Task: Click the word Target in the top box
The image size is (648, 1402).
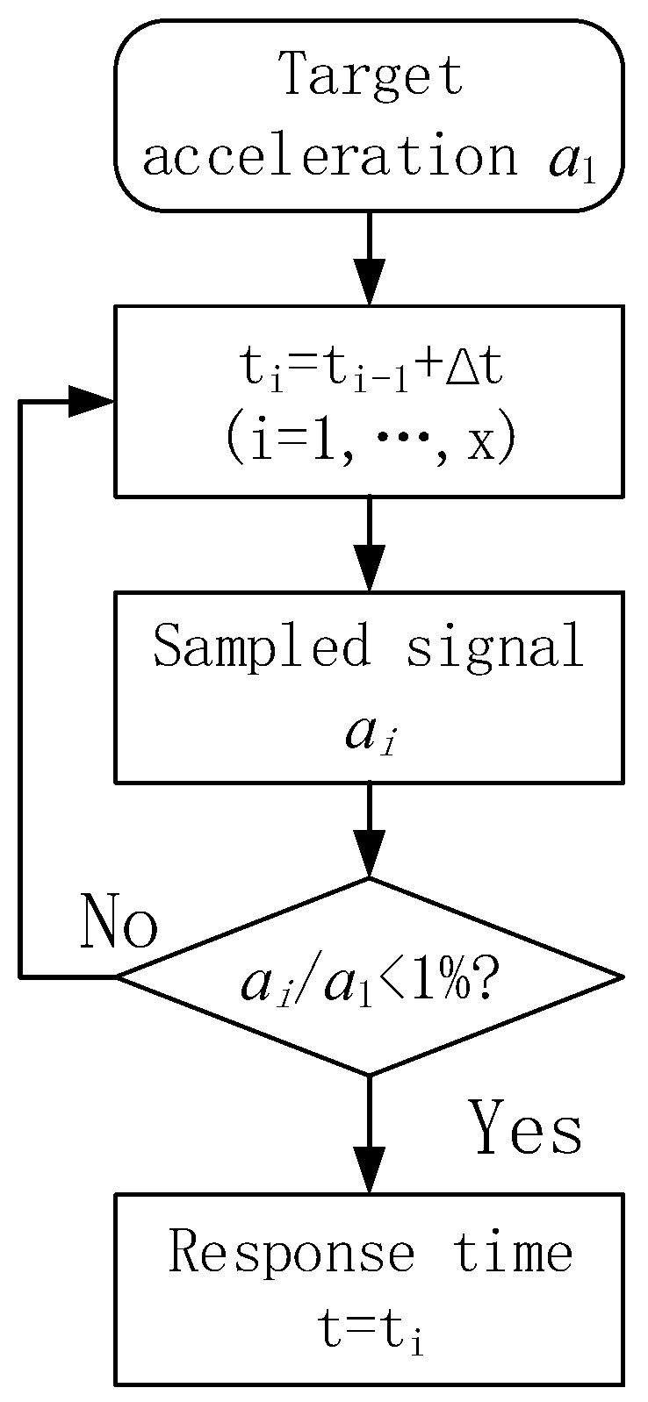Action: [371, 74]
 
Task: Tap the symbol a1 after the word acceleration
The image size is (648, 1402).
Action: [572, 161]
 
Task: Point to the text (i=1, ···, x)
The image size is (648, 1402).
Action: [369, 442]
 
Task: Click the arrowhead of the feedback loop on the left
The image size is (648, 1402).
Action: [92, 402]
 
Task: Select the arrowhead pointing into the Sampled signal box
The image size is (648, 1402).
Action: [369, 570]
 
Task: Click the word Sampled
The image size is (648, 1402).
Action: [262, 647]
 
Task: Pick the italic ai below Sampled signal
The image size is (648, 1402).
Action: [369, 733]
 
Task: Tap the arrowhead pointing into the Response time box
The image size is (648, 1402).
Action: [369, 1172]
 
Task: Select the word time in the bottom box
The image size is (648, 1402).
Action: [514, 1251]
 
